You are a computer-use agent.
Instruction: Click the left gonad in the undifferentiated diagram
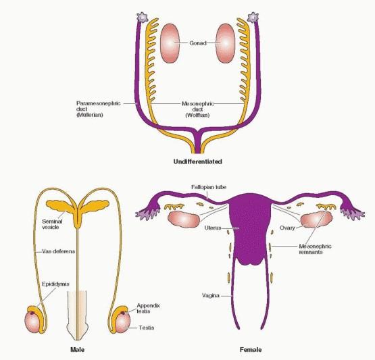pos(170,43)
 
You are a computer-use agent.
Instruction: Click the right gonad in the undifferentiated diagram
pos(226,43)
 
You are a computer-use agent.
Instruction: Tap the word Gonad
pos(198,43)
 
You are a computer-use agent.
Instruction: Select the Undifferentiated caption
pos(198,161)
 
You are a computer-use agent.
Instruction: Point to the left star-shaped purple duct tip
pos(143,17)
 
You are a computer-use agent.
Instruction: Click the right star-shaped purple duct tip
pos(253,17)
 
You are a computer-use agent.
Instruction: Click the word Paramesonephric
pos(99,103)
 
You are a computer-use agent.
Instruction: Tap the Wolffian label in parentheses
pos(197,115)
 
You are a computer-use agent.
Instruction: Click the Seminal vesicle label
pos(52,224)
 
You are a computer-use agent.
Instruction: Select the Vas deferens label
pos(59,251)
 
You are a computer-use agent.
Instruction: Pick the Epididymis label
pos(55,284)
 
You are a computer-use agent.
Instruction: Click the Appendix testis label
pos(148,309)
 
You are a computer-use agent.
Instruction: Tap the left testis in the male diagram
pos(32,321)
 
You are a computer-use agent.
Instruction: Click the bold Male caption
pos(77,350)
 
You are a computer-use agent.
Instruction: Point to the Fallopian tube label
pos(209,187)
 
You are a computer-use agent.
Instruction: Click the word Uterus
pos(213,228)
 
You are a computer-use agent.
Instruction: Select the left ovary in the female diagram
pos(184,218)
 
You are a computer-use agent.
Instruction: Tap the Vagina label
pos(211,295)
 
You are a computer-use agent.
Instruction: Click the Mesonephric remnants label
pos(316,249)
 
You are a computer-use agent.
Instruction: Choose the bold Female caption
pos(251,350)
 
